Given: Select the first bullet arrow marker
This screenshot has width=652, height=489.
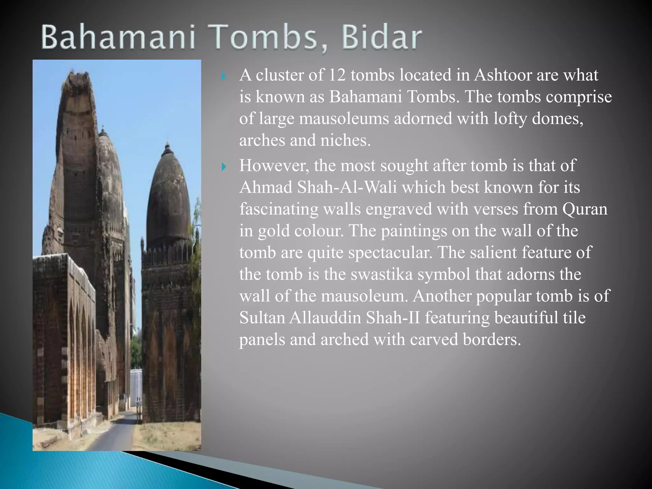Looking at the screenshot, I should (x=224, y=76).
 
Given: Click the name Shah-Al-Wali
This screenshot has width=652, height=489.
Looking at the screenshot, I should (x=347, y=187).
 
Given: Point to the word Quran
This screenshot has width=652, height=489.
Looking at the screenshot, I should (x=585, y=209).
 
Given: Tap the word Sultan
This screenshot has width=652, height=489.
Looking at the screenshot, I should (x=262, y=317).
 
